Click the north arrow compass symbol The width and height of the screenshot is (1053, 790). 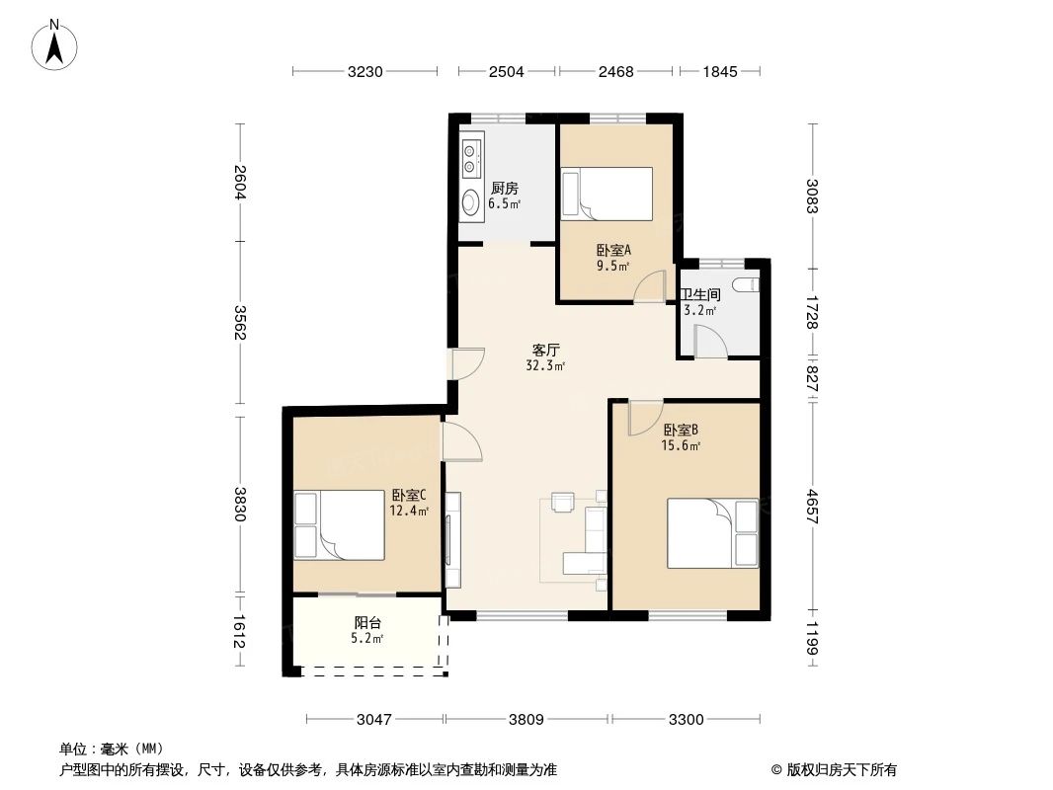57,43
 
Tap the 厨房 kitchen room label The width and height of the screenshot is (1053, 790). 505,189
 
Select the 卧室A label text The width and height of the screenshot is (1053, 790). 613,251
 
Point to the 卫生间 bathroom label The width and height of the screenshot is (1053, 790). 700,294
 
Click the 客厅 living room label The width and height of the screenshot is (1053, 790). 546,350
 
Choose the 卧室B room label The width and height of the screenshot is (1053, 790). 681,430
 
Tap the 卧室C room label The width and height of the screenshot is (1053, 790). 409,496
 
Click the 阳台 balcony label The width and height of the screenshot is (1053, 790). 368,623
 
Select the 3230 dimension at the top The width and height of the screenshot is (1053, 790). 364,71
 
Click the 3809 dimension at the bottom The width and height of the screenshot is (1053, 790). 526,720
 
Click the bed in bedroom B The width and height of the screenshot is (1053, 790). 712,533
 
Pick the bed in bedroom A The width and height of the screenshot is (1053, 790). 607,194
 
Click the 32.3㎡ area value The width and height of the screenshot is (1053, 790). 545,365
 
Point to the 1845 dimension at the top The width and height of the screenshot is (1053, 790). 721,71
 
